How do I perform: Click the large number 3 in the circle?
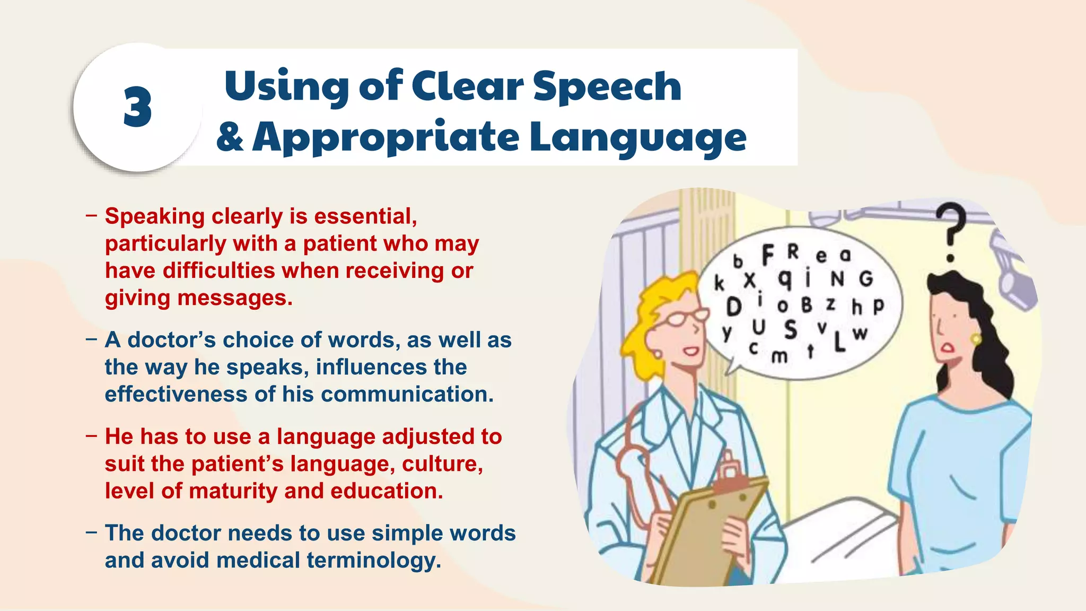[138, 108]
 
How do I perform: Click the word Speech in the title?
[607, 86]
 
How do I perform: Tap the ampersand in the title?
[230, 136]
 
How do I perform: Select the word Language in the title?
[637, 137]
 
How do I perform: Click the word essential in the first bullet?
[365, 216]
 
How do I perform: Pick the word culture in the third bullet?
[442, 464]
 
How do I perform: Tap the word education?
[387, 491]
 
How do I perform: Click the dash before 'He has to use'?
[91, 437]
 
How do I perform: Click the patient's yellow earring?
[976, 338]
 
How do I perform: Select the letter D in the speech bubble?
[733, 306]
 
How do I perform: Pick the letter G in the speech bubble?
[865, 278]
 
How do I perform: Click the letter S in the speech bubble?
[790, 329]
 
